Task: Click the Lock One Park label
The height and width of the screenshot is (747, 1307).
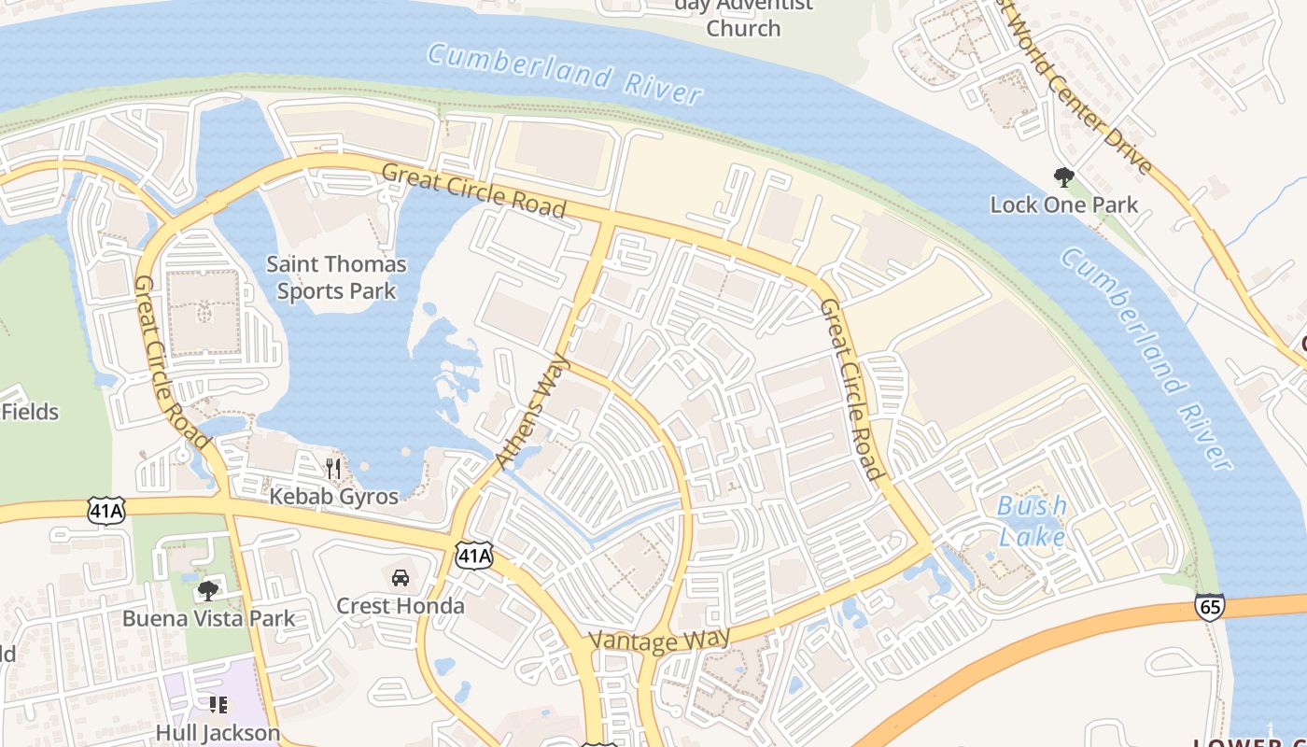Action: point(1063,205)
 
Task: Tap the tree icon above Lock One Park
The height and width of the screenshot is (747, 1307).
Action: point(1063,176)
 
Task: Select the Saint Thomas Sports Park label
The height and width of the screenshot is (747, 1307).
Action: point(336,277)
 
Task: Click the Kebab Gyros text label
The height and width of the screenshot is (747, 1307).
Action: point(333,496)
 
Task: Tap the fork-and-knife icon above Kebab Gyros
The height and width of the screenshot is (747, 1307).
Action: point(333,467)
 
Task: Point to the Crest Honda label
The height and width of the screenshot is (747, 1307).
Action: point(400,606)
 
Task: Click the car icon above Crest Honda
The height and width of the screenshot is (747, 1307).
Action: point(401,578)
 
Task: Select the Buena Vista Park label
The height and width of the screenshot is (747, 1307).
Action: point(208,618)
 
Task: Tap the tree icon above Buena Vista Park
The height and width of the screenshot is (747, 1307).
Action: point(208,589)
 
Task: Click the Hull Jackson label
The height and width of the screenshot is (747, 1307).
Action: point(218,733)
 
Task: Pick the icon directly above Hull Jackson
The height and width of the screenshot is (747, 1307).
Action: point(218,705)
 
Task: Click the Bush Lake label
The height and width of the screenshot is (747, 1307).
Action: point(1032,521)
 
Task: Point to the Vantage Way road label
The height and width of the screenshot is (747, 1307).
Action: point(659,641)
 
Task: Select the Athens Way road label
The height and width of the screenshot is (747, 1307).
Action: point(535,410)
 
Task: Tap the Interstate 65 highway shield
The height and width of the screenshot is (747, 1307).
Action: point(1209,607)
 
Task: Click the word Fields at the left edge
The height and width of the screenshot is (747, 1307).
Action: point(30,412)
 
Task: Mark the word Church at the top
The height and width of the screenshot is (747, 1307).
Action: point(743,28)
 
